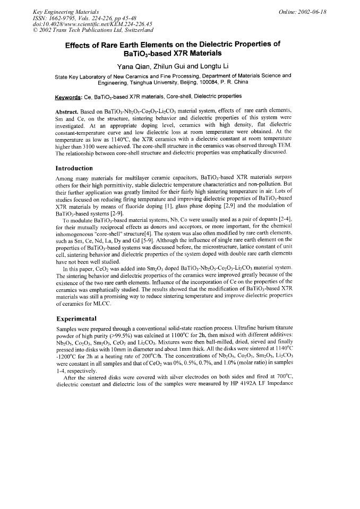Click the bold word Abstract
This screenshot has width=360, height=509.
[x=68, y=112]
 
